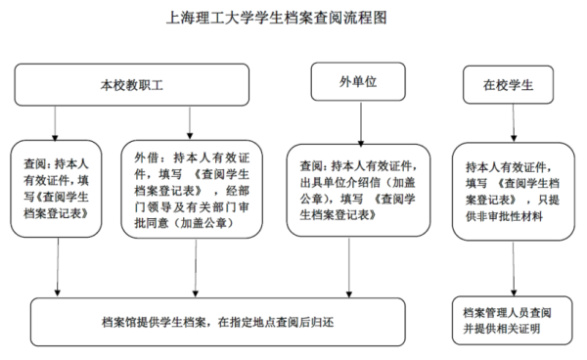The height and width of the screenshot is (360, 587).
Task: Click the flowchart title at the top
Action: click(293, 18)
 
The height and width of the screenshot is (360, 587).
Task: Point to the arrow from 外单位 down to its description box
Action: click(364, 122)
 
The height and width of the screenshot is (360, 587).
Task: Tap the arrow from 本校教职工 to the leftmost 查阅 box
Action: click(59, 121)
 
